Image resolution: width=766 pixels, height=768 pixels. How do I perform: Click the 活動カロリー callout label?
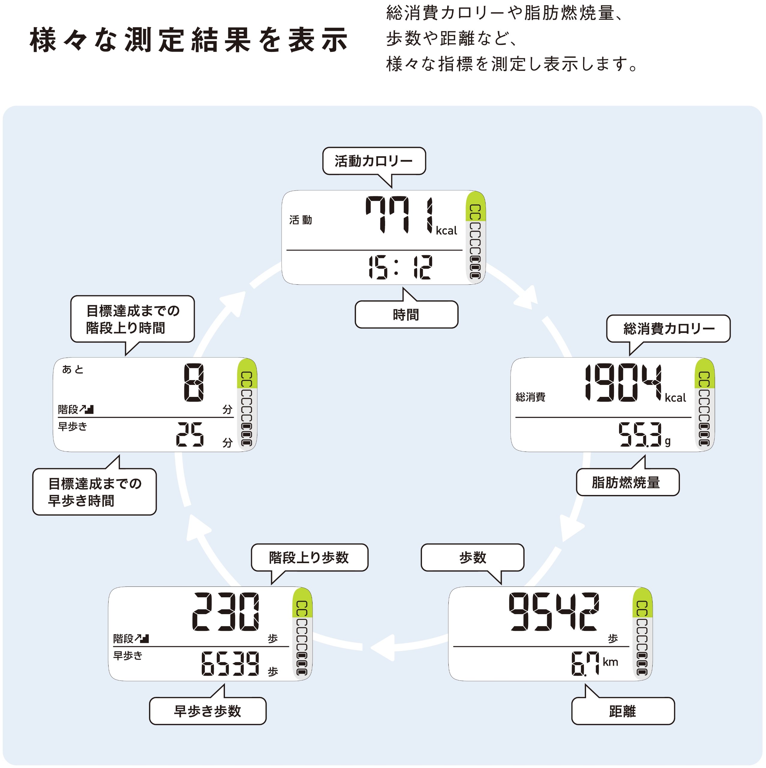[374, 161]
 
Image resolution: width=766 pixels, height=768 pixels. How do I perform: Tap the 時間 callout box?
[406, 314]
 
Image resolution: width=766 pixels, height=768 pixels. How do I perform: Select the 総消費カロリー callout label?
[668, 328]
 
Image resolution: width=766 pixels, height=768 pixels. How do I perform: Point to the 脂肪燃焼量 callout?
[627, 482]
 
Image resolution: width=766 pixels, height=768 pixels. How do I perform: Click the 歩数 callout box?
[472, 557]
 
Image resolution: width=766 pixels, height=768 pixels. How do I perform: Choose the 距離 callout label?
[623, 711]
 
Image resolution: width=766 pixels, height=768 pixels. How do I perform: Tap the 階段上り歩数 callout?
[309, 557]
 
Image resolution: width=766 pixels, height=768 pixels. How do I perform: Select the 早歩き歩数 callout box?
[208, 711]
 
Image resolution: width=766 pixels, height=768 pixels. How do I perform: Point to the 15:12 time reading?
[400, 267]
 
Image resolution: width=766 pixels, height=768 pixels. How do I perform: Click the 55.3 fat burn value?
[640, 434]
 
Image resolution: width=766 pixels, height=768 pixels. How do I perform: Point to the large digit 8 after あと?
[193, 383]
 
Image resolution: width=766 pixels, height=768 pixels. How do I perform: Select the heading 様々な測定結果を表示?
[189, 40]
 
